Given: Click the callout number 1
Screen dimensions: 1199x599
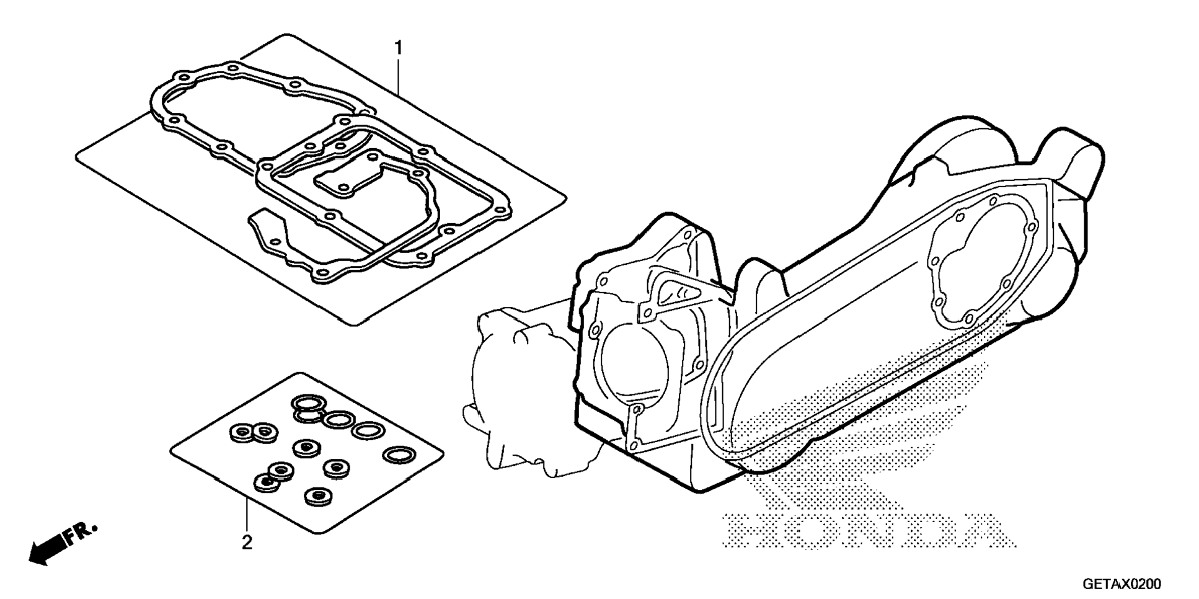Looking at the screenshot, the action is click(x=399, y=48).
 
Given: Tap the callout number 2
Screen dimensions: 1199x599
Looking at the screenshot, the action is click(x=247, y=543).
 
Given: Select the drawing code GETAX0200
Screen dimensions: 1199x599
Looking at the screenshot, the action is click(x=1122, y=584).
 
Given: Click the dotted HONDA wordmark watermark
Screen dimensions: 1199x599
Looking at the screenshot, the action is click(x=868, y=531).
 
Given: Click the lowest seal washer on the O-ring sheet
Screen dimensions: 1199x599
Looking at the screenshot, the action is click(x=318, y=496).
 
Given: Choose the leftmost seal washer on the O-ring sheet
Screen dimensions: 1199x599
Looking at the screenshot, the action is click(x=241, y=433).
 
